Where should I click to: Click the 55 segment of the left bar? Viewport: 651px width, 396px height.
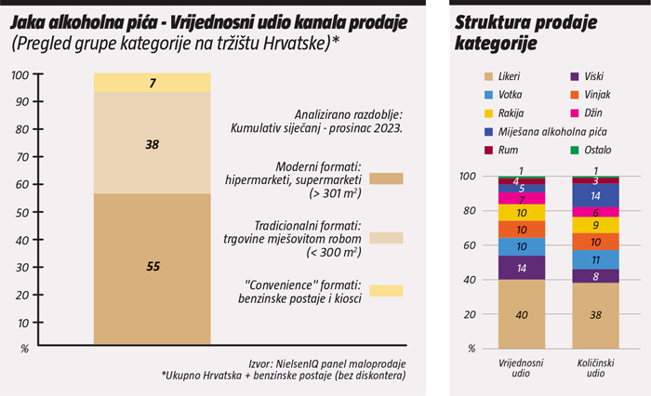(153, 268)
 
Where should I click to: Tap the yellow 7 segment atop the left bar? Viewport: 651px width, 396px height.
(153, 84)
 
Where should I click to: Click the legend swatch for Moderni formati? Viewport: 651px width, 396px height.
(386, 177)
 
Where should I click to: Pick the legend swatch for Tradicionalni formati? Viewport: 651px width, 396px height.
(386, 237)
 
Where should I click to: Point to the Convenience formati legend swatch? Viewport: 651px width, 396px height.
(386, 291)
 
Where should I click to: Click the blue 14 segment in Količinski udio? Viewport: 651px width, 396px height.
(596, 196)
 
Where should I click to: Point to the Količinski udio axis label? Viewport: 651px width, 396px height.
(596, 366)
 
